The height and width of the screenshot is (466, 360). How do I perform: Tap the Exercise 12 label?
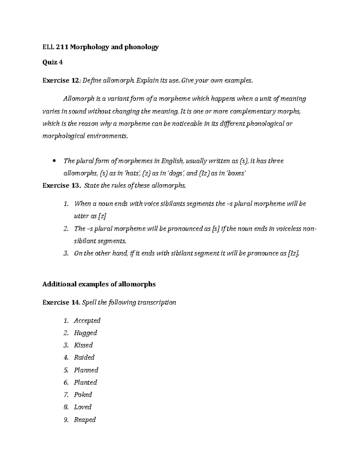pyautogui.click(x=61, y=80)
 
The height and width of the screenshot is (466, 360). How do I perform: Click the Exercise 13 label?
pyautogui.click(x=61, y=185)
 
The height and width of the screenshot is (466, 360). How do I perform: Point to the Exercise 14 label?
pyautogui.click(x=61, y=302)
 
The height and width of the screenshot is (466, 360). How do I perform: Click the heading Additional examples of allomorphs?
pyautogui.click(x=99, y=284)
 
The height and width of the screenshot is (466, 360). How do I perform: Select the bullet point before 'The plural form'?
pyautogui.click(x=54, y=161)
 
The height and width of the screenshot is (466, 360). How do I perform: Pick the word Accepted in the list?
pyautogui.click(x=87, y=320)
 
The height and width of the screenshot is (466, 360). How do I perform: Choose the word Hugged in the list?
pyautogui.click(x=85, y=333)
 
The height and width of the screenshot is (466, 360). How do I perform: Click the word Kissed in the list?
pyautogui.click(x=83, y=345)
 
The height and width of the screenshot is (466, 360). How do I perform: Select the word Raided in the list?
pyautogui.click(x=84, y=357)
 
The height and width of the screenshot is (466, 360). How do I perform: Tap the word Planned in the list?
pyautogui.click(x=86, y=370)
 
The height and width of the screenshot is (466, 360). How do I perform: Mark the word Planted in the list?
pyautogui.click(x=85, y=382)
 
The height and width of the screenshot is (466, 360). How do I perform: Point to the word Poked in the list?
pyautogui.click(x=83, y=395)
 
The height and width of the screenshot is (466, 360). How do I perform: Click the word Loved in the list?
pyautogui.click(x=83, y=407)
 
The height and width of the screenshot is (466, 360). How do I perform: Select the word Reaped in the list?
pyautogui.click(x=85, y=419)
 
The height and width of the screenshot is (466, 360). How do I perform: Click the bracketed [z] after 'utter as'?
pyautogui.click(x=103, y=216)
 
